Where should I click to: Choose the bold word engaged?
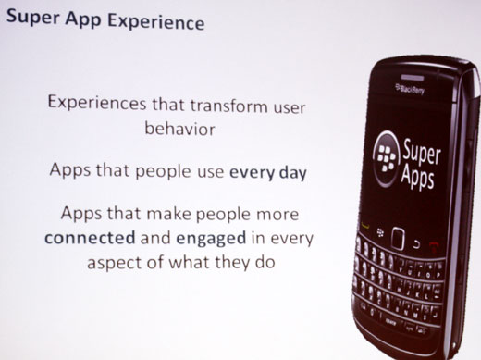pyautogui.click(x=203, y=236)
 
